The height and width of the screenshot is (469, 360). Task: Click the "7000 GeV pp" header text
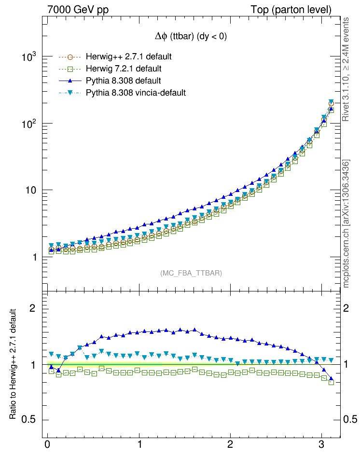tap(78, 10)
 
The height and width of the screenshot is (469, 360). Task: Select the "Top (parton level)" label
tap(291, 10)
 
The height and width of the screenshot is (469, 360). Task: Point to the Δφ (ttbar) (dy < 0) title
tap(191, 36)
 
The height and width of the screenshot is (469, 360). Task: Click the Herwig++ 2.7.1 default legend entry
tap(128, 56)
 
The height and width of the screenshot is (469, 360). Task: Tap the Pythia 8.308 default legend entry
tap(123, 80)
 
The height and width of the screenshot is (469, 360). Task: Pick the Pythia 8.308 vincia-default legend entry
tap(136, 92)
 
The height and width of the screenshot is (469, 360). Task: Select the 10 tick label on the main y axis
tap(31, 190)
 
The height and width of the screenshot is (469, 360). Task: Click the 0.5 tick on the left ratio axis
tap(32, 419)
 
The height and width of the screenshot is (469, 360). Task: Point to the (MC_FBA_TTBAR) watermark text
tap(191, 273)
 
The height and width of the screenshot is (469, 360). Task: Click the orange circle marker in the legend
tap(70, 56)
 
